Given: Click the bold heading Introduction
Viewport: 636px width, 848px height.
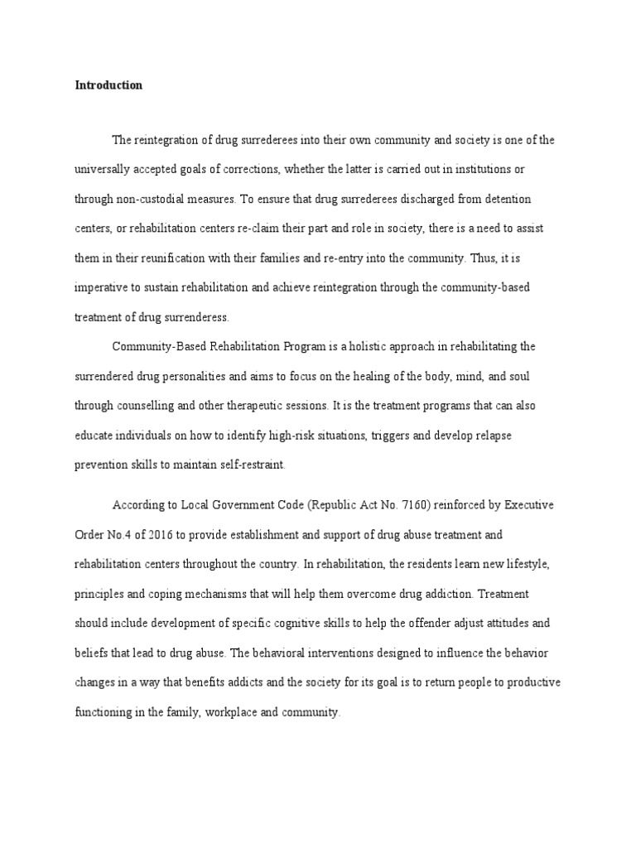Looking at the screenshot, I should [108, 85].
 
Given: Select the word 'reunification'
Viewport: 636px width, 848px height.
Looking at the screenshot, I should [195, 258].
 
